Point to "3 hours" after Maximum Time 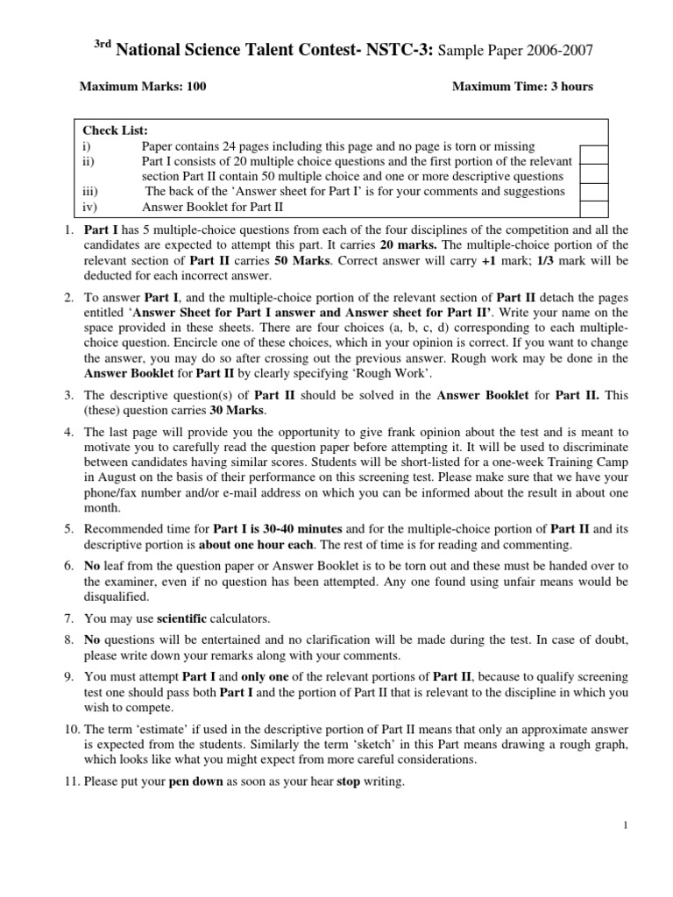570,86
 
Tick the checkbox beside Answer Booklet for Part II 593,208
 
